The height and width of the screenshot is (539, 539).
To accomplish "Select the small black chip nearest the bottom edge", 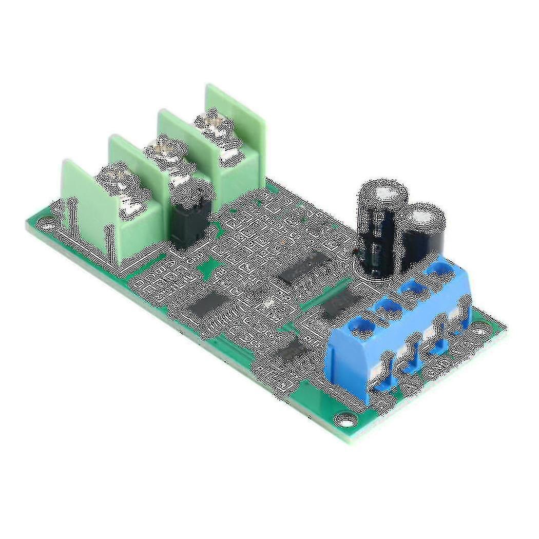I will click(293, 351).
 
